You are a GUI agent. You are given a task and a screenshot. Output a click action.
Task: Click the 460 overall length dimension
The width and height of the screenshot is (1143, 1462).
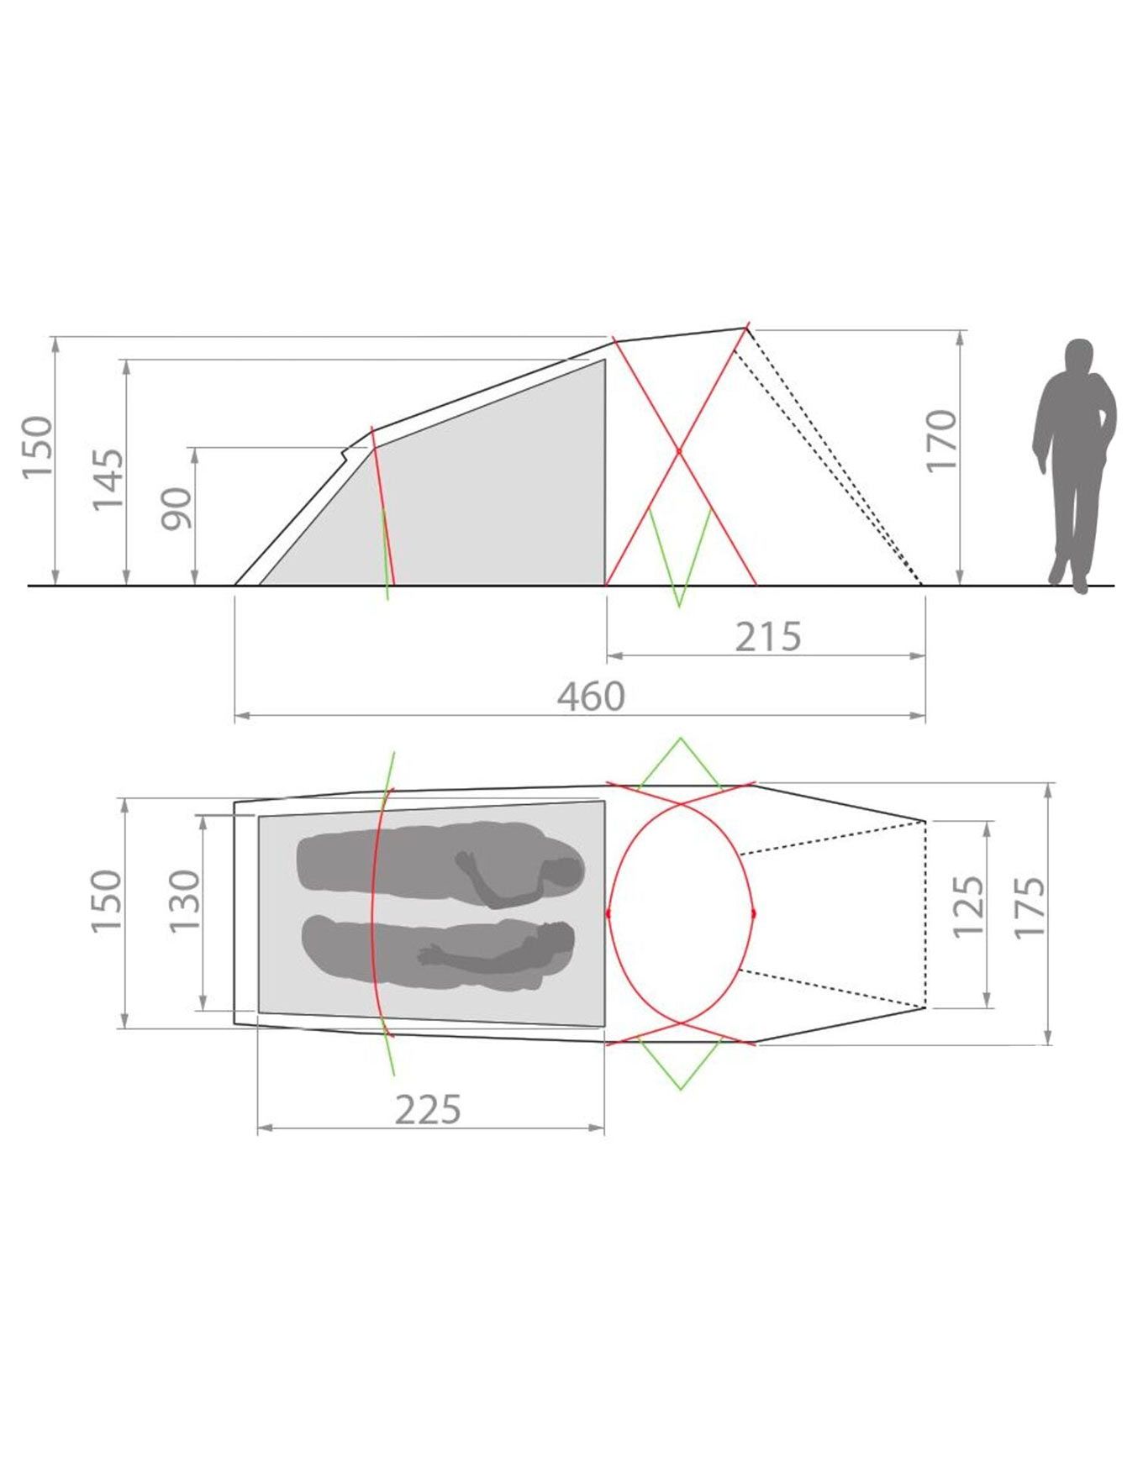592,697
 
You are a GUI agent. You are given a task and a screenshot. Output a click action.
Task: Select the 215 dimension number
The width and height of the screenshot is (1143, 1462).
768,637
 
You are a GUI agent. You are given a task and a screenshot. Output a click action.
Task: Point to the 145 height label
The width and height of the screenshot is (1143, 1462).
108,479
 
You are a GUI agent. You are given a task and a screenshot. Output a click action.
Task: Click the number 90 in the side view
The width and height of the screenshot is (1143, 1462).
177,508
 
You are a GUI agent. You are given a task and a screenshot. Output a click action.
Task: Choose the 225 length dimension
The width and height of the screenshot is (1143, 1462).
429,1109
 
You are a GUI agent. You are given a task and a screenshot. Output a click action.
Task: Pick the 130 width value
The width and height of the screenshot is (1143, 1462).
185,900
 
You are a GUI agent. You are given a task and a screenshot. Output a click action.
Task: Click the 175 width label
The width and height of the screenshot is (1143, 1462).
1030,907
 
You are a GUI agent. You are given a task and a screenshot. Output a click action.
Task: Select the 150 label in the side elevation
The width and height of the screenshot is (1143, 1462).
37,447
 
